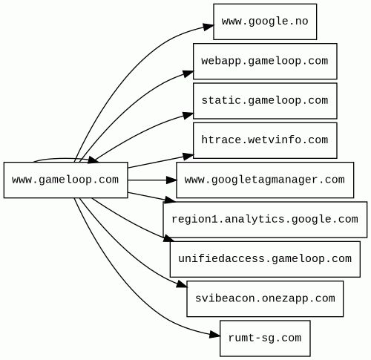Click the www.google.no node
pos(265,22)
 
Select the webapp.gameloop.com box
pos(265,61)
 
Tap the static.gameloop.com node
pos(265,101)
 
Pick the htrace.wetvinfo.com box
pos(265,140)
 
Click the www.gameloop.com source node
pos(66,180)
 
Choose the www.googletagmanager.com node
pos(265,180)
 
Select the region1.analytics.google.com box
pos(265,220)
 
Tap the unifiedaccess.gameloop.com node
pos(265,259)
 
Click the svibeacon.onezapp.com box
pos(265,298)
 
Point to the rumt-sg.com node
pos(265,338)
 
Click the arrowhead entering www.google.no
pos(209,27)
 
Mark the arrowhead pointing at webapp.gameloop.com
pos(188,73)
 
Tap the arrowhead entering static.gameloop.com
pos(188,115)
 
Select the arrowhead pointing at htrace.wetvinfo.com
pos(188,156)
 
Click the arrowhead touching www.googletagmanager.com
pos(171,180)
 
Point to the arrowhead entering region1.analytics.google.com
pos(170,200)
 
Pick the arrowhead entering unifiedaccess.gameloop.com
pos(169,238)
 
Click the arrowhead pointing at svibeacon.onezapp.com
pos(182,284)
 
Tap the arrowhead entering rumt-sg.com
pos(214,335)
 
